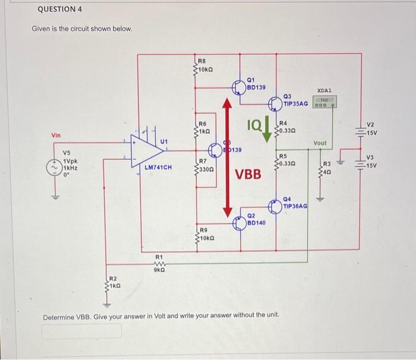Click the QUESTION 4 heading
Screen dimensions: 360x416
tap(59, 10)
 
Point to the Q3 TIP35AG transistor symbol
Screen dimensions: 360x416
tap(276, 103)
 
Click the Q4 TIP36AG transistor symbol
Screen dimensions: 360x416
tap(276, 206)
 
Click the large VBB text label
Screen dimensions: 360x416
tap(248, 175)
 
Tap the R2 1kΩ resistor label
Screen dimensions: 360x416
tap(114, 282)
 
